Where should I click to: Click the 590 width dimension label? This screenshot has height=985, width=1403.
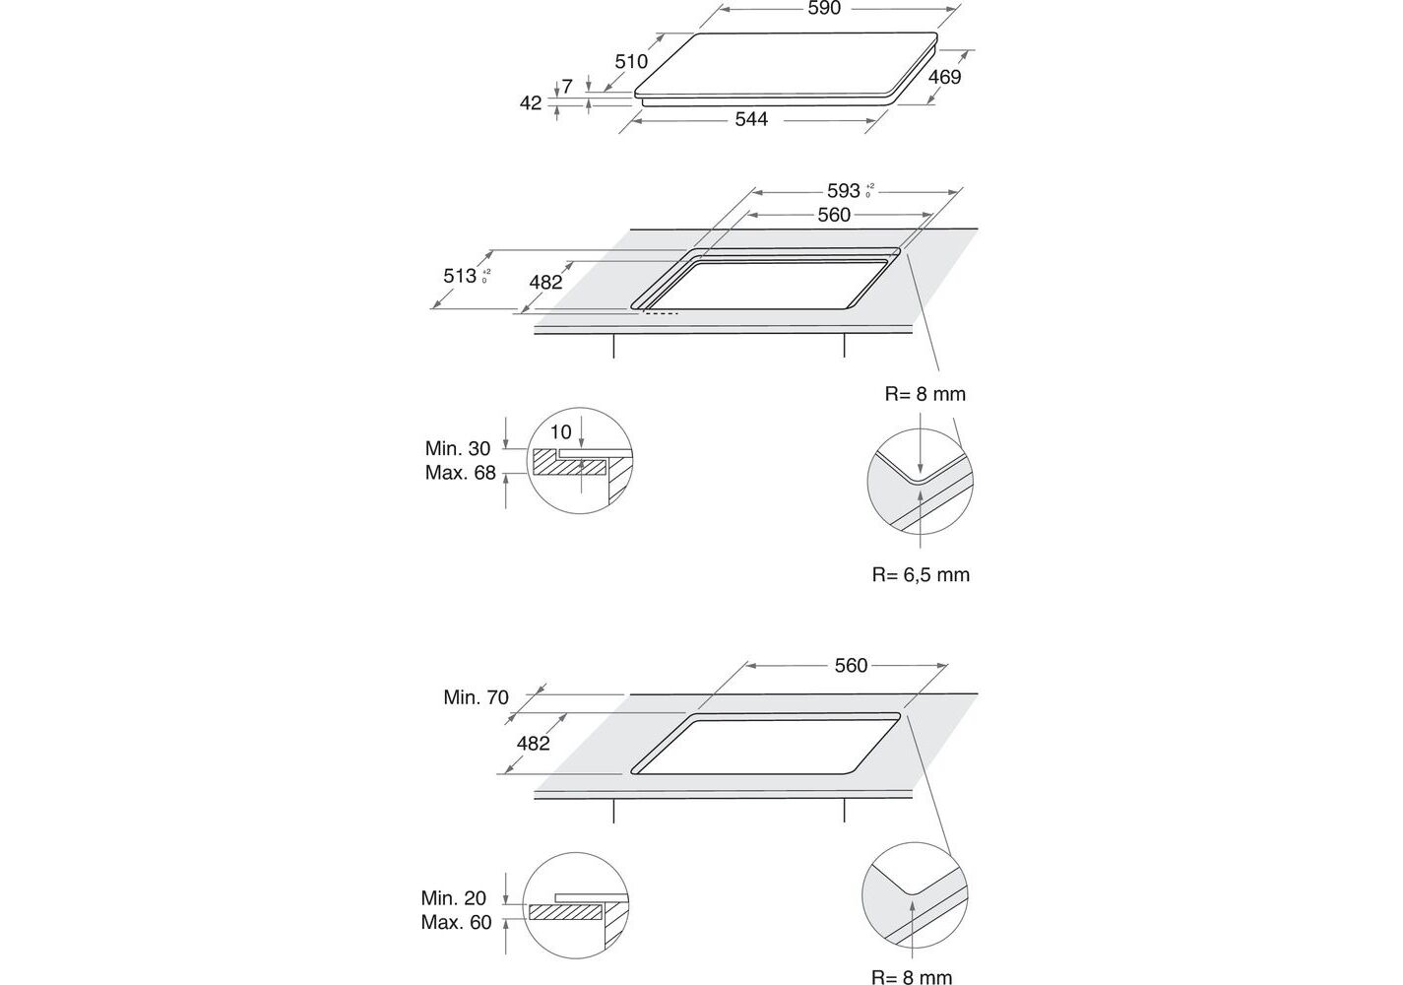[x=824, y=9]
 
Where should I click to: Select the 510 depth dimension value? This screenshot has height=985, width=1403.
[x=631, y=62]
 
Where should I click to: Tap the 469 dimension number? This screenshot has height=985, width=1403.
[x=944, y=77]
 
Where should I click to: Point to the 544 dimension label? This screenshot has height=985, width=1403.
[x=750, y=119]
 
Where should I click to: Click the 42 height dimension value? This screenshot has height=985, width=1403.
[x=531, y=102]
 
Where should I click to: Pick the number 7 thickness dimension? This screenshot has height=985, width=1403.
[x=567, y=87]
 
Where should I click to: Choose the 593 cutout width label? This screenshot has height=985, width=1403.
[x=844, y=191]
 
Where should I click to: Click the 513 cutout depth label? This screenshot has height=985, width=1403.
[x=461, y=276]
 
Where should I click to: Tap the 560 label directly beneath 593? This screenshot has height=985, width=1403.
[x=834, y=215]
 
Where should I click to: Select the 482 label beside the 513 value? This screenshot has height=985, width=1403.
[x=545, y=283]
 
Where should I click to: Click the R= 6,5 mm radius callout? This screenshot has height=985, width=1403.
[x=921, y=574]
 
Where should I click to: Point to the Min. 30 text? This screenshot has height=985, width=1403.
[x=458, y=449]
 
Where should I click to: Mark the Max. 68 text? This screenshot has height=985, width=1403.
[x=461, y=473]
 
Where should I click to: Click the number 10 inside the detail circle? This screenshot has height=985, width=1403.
[x=561, y=432]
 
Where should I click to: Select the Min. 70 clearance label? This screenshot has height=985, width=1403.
[x=477, y=697]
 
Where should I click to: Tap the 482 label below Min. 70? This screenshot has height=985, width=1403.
[x=533, y=744]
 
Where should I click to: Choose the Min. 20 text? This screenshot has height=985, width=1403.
[x=454, y=898]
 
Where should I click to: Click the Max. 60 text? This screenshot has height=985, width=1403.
[x=457, y=923]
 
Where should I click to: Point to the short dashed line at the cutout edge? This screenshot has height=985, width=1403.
[x=661, y=314]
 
